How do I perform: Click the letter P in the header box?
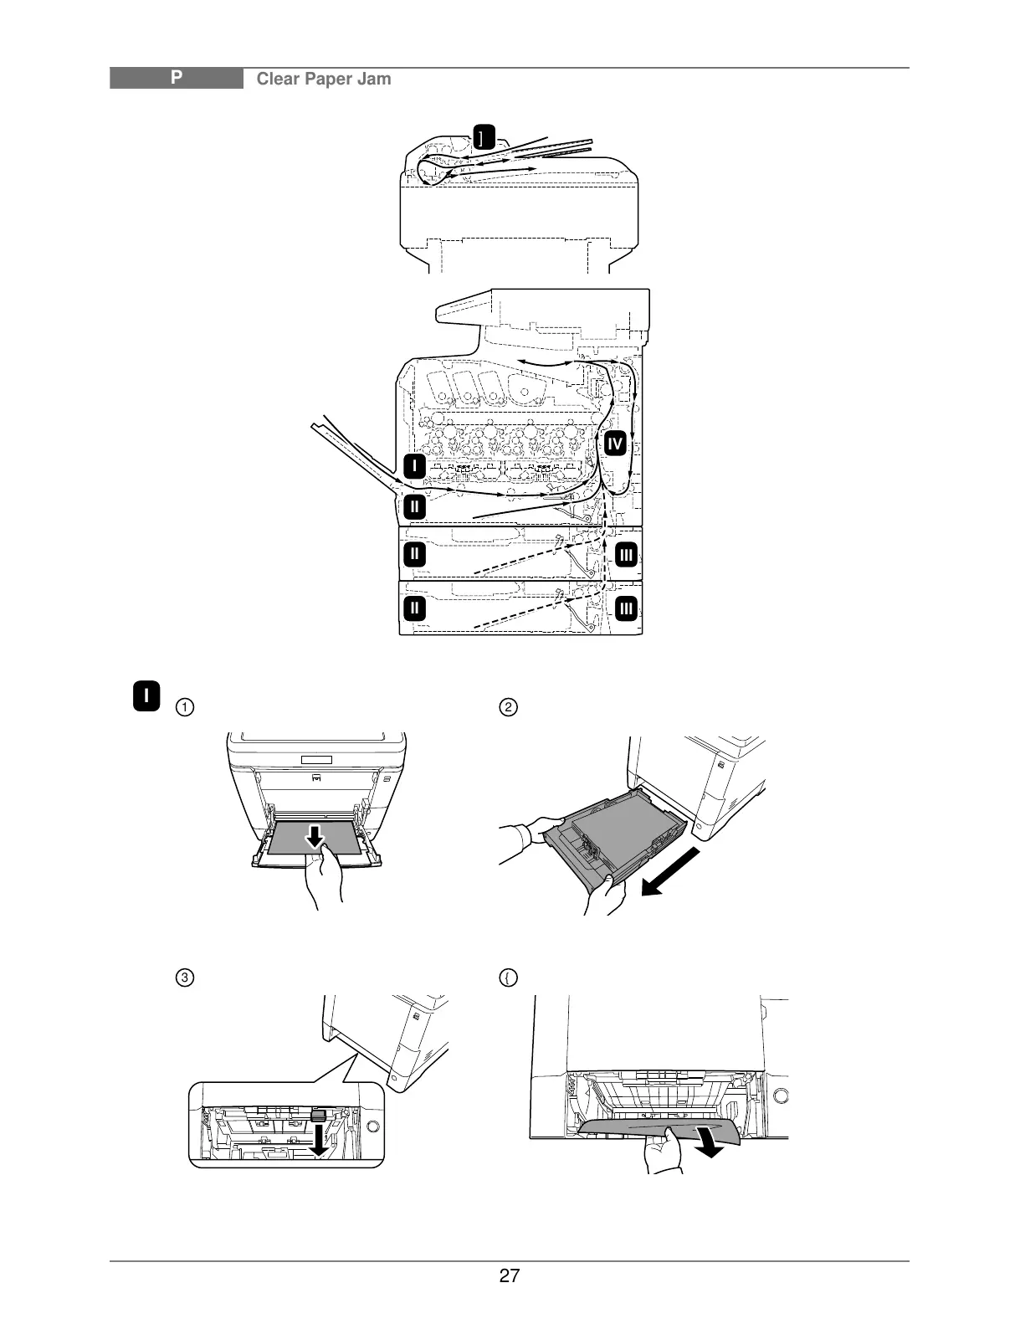(x=177, y=79)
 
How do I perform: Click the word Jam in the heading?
(x=374, y=80)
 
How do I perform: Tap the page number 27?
(x=509, y=1276)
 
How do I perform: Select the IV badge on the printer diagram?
(x=615, y=444)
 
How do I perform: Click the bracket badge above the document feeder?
(x=483, y=136)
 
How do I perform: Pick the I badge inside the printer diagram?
(x=414, y=465)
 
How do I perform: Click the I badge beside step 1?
(x=146, y=696)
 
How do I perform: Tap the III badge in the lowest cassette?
(x=627, y=607)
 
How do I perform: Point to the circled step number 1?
(x=182, y=707)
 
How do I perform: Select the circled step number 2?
(x=508, y=707)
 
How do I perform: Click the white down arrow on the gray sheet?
(x=315, y=835)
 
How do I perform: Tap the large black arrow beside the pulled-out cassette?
(x=669, y=871)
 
